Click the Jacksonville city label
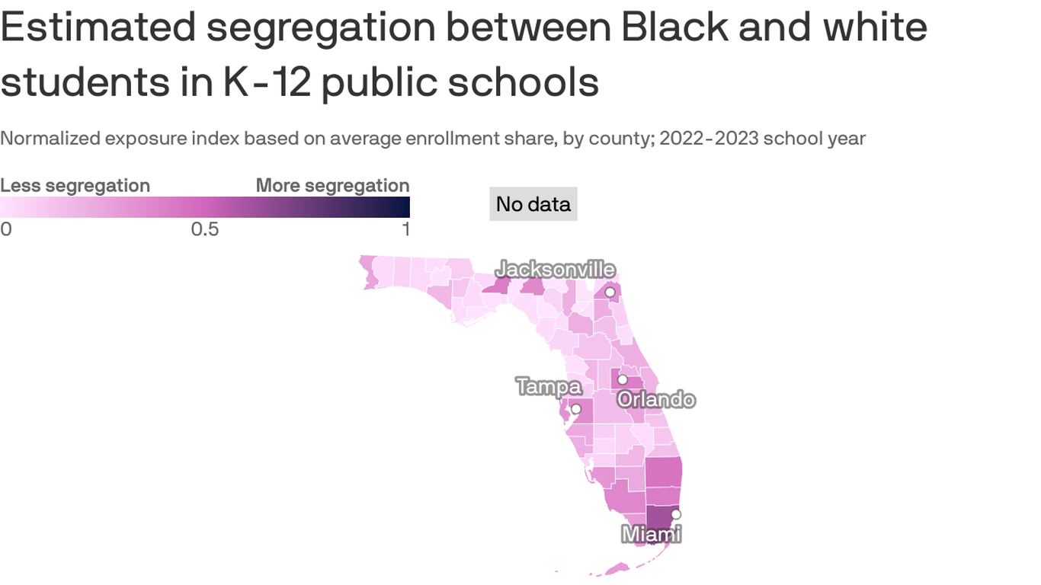click(556, 270)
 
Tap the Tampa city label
click(549, 386)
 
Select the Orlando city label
click(656, 399)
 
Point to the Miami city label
click(651, 534)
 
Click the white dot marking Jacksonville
click(610, 292)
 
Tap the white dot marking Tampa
click(576, 409)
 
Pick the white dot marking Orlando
click(623, 379)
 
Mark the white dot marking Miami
click(676, 514)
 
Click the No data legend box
click(533, 204)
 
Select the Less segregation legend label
click(75, 186)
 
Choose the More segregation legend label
click(332, 186)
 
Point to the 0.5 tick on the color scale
click(205, 229)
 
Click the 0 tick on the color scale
click(6, 229)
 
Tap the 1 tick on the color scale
click(405, 229)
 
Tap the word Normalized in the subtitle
click(50, 139)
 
